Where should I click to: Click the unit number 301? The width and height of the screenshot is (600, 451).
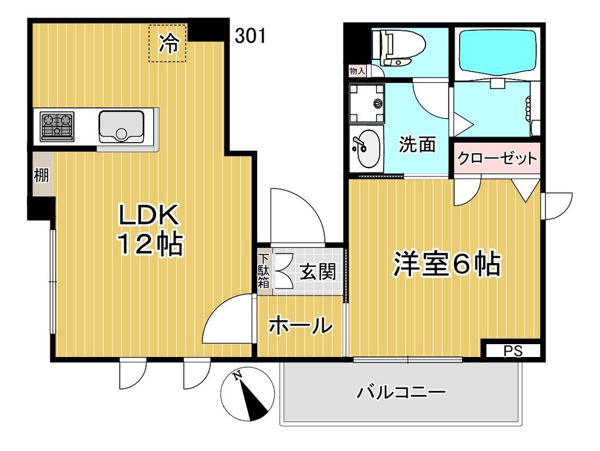pos(251,36)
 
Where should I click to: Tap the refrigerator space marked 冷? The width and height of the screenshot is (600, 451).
pos(168,43)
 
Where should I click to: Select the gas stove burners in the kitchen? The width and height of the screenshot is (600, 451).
pos(57,126)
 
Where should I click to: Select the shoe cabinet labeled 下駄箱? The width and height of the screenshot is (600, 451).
pos(264,271)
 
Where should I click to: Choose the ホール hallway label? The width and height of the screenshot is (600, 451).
pos(301,326)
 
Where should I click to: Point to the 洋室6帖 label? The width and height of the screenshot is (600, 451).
pos(447,264)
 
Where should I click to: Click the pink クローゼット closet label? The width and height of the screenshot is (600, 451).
pos(497,158)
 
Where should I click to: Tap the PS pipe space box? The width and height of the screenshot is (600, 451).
pos(513,351)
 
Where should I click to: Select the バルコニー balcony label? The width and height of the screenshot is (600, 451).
pos(402,392)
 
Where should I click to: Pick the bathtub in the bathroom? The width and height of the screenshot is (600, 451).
pos(497,51)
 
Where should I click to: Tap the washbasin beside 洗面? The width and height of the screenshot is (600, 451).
pos(366,148)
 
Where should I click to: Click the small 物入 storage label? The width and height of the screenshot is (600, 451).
pos(357,71)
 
